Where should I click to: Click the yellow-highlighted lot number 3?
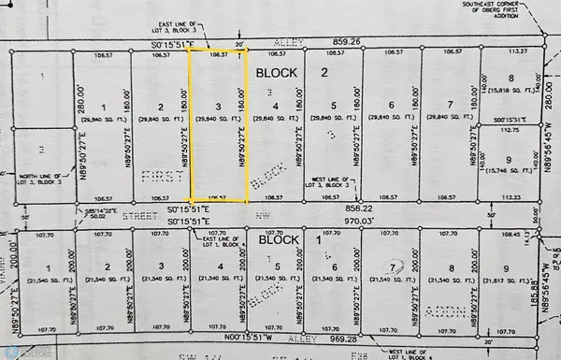pos(218,107)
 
